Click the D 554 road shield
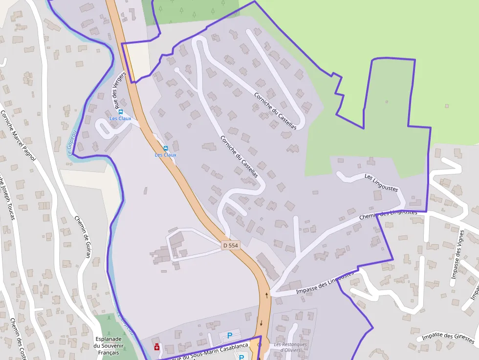pos(230,245)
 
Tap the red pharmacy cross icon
pos(156,347)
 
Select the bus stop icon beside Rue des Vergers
pos(121,112)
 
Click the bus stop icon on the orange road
pos(165,148)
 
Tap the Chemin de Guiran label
pos(83,239)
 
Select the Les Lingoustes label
pos(381,182)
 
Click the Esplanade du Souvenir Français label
pos(111,345)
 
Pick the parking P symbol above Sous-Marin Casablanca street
pos(230,336)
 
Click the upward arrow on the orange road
pos(266,295)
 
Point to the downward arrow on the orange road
pos(261,323)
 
